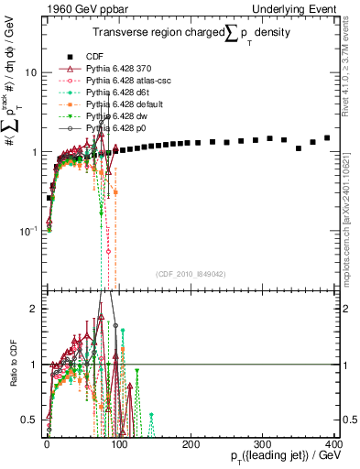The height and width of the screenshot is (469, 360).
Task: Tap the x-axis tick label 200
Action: point(191,444)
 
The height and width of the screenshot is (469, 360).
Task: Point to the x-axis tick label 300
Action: point(263,444)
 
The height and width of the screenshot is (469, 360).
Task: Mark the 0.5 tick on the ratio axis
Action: point(34,420)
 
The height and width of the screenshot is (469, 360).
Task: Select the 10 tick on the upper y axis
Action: point(32,72)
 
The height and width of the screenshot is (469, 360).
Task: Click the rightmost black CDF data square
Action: point(327,138)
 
